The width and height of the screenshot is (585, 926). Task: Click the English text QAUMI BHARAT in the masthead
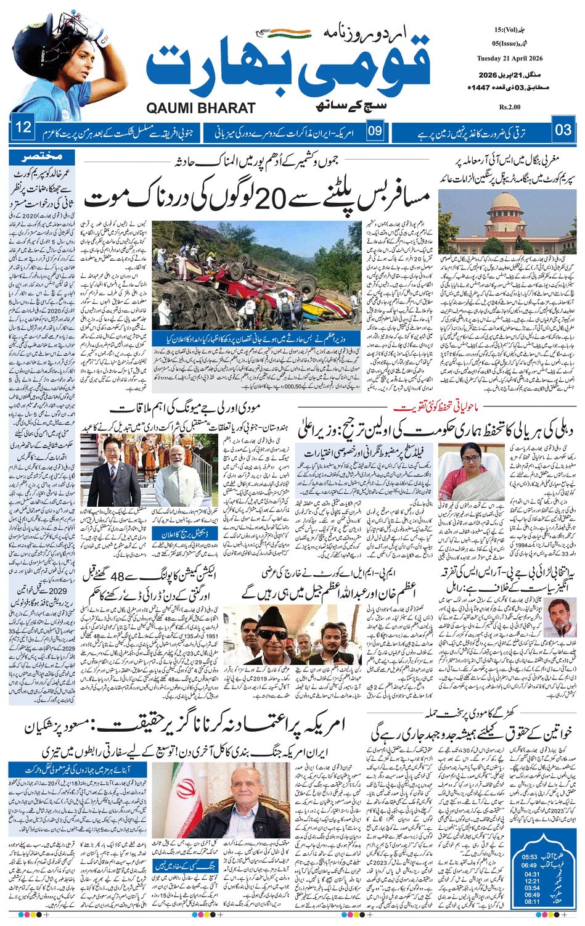201,108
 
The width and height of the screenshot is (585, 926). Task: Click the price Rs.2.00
510,107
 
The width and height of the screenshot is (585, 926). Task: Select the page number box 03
563,130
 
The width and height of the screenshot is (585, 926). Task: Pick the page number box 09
375,130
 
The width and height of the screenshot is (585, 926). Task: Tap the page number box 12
23,128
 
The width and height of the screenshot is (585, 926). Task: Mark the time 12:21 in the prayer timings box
531,881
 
